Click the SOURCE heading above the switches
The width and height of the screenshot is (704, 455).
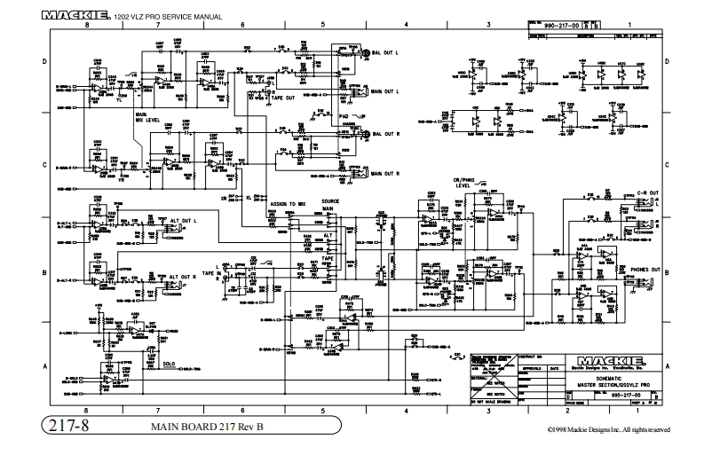click(x=330, y=201)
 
